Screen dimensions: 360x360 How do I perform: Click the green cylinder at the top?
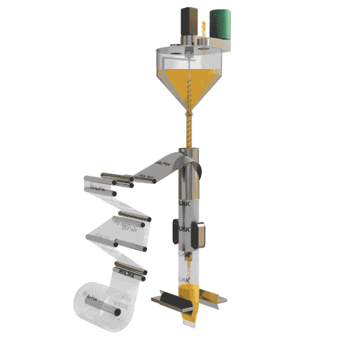coord(221,24)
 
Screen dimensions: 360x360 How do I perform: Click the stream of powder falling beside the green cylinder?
coord(204,27)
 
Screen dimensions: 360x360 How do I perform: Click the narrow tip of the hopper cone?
coord(189,112)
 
